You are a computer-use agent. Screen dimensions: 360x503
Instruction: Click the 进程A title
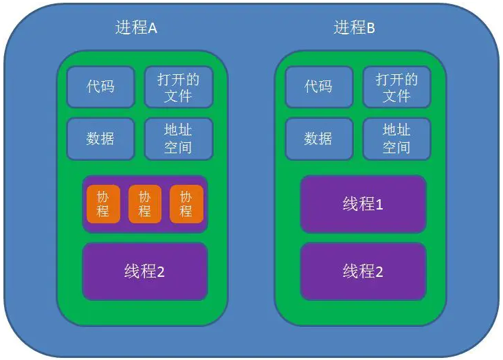pyautogui.click(x=136, y=28)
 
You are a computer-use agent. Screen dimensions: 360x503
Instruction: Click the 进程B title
pyautogui.click(x=354, y=28)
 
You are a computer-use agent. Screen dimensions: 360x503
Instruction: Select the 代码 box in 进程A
pyautogui.click(x=100, y=87)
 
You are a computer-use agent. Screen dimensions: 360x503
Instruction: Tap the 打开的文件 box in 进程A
pyautogui.click(x=178, y=87)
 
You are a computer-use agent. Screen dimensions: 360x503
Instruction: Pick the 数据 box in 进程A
pyautogui.click(x=100, y=139)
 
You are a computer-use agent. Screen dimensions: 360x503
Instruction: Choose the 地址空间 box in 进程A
pyautogui.click(x=178, y=139)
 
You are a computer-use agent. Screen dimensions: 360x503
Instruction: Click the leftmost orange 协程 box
pyautogui.click(x=104, y=204)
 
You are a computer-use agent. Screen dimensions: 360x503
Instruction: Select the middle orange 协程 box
pyautogui.click(x=144, y=204)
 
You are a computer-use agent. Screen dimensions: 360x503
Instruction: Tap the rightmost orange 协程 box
pyautogui.click(x=186, y=204)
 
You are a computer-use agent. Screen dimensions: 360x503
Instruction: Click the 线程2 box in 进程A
pyautogui.click(x=144, y=271)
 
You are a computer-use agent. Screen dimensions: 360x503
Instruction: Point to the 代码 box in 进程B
pyautogui.click(x=318, y=87)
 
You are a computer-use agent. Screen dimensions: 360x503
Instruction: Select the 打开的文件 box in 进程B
pyautogui.click(x=396, y=87)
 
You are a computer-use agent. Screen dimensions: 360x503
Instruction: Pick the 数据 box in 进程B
pyautogui.click(x=318, y=139)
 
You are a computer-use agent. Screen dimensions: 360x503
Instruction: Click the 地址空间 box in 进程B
pyautogui.click(x=396, y=139)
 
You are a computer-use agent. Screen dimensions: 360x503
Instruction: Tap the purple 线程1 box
pyautogui.click(x=363, y=204)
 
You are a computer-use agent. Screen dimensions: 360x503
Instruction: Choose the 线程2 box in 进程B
pyautogui.click(x=363, y=271)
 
